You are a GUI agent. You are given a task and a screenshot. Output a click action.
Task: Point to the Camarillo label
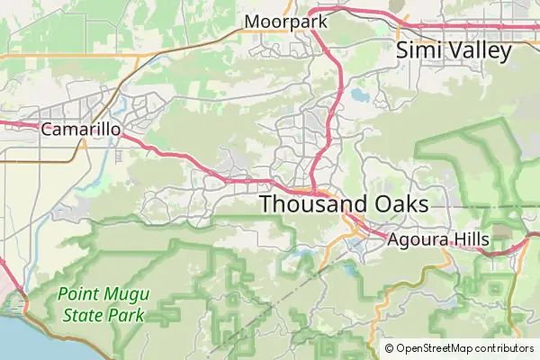tap(81, 130)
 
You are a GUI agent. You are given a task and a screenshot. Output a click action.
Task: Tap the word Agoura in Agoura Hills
tap(417, 239)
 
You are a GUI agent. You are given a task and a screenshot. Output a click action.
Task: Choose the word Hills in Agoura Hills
tap(470, 239)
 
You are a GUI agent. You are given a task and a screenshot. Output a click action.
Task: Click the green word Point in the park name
tap(78, 293)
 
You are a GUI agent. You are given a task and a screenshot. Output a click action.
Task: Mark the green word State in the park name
tap(82, 315)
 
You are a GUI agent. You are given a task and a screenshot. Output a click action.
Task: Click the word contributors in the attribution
tap(501, 348)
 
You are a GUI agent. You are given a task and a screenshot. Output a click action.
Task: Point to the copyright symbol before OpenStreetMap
tap(389, 348)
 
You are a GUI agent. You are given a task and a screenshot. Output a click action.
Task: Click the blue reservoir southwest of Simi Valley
tap(360, 94)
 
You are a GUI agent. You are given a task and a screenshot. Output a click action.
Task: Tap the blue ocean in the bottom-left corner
tap(18, 337)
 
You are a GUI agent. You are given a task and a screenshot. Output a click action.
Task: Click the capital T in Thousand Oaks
tap(266, 204)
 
